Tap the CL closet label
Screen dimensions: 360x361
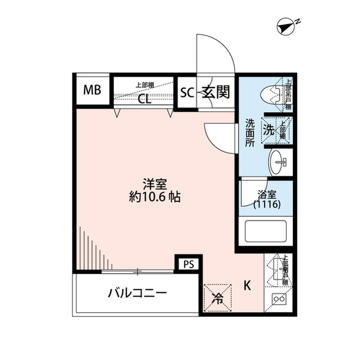(x=144, y=100)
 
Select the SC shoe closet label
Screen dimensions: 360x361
(x=187, y=92)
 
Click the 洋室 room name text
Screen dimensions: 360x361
(x=153, y=184)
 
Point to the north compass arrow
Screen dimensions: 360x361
(x=287, y=26)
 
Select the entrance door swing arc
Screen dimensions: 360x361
(x=217, y=54)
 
